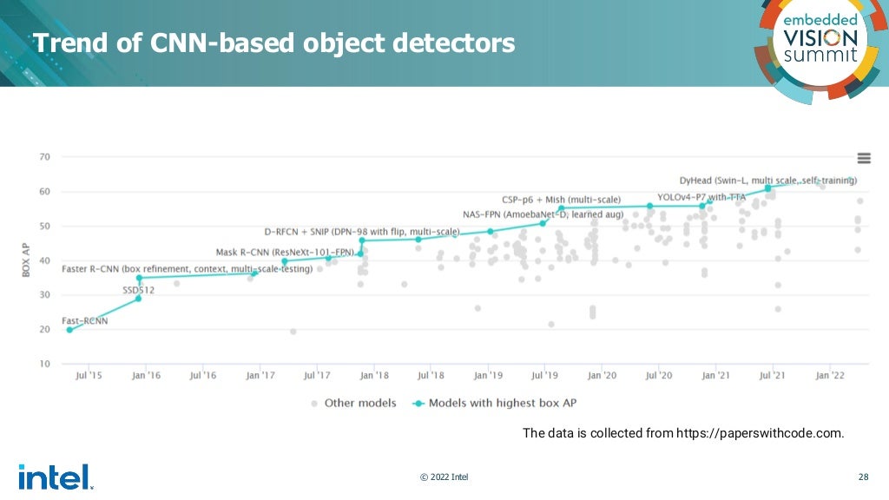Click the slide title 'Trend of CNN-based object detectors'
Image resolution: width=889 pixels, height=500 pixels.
pyautogui.click(x=273, y=42)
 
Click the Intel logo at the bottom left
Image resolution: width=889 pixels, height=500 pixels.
pyautogui.click(x=54, y=477)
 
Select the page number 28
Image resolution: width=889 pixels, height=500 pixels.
pyautogui.click(x=863, y=477)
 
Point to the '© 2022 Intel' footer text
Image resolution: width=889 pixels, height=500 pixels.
pyautogui.click(x=444, y=477)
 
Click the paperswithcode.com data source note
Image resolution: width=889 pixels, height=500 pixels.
pyautogui.click(x=682, y=432)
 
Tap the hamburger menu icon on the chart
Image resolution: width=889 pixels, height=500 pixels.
pyautogui.click(x=864, y=157)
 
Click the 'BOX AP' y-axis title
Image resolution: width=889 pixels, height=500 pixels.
pyautogui.click(x=27, y=260)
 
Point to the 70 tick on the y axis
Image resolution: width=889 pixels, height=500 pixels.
pyautogui.click(x=44, y=157)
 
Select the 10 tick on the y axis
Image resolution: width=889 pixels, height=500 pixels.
pyautogui.click(x=44, y=364)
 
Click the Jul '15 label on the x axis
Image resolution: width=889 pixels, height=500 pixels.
pyautogui.click(x=89, y=376)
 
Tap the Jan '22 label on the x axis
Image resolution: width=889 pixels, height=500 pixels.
pyautogui.click(x=830, y=376)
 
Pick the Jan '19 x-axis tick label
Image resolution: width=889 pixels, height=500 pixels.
pyautogui.click(x=488, y=376)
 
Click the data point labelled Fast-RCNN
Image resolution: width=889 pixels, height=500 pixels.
pyautogui.click(x=69, y=330)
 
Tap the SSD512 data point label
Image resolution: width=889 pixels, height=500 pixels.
pyautogui.click(x=138, y=290)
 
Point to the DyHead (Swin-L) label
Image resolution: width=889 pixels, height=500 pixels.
pyautogui.click(x=767, y=181)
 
